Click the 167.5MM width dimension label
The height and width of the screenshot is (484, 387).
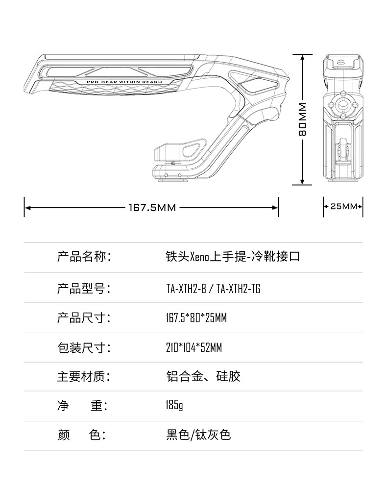coord(152,207)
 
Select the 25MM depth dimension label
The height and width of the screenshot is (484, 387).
coord(343,206)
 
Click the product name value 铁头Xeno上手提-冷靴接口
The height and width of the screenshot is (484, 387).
coord(233,257)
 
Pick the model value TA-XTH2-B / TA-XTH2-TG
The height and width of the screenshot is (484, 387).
coord(213,289)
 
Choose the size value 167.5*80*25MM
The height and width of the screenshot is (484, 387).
coord(196,318)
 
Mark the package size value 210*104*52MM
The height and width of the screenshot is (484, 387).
coord(194,348)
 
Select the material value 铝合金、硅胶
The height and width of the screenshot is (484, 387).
coord(203,377)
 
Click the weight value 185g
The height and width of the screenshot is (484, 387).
coord(174,406)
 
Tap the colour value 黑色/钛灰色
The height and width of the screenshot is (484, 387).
coord(198,435)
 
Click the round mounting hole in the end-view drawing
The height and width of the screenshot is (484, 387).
coord(343,104)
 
